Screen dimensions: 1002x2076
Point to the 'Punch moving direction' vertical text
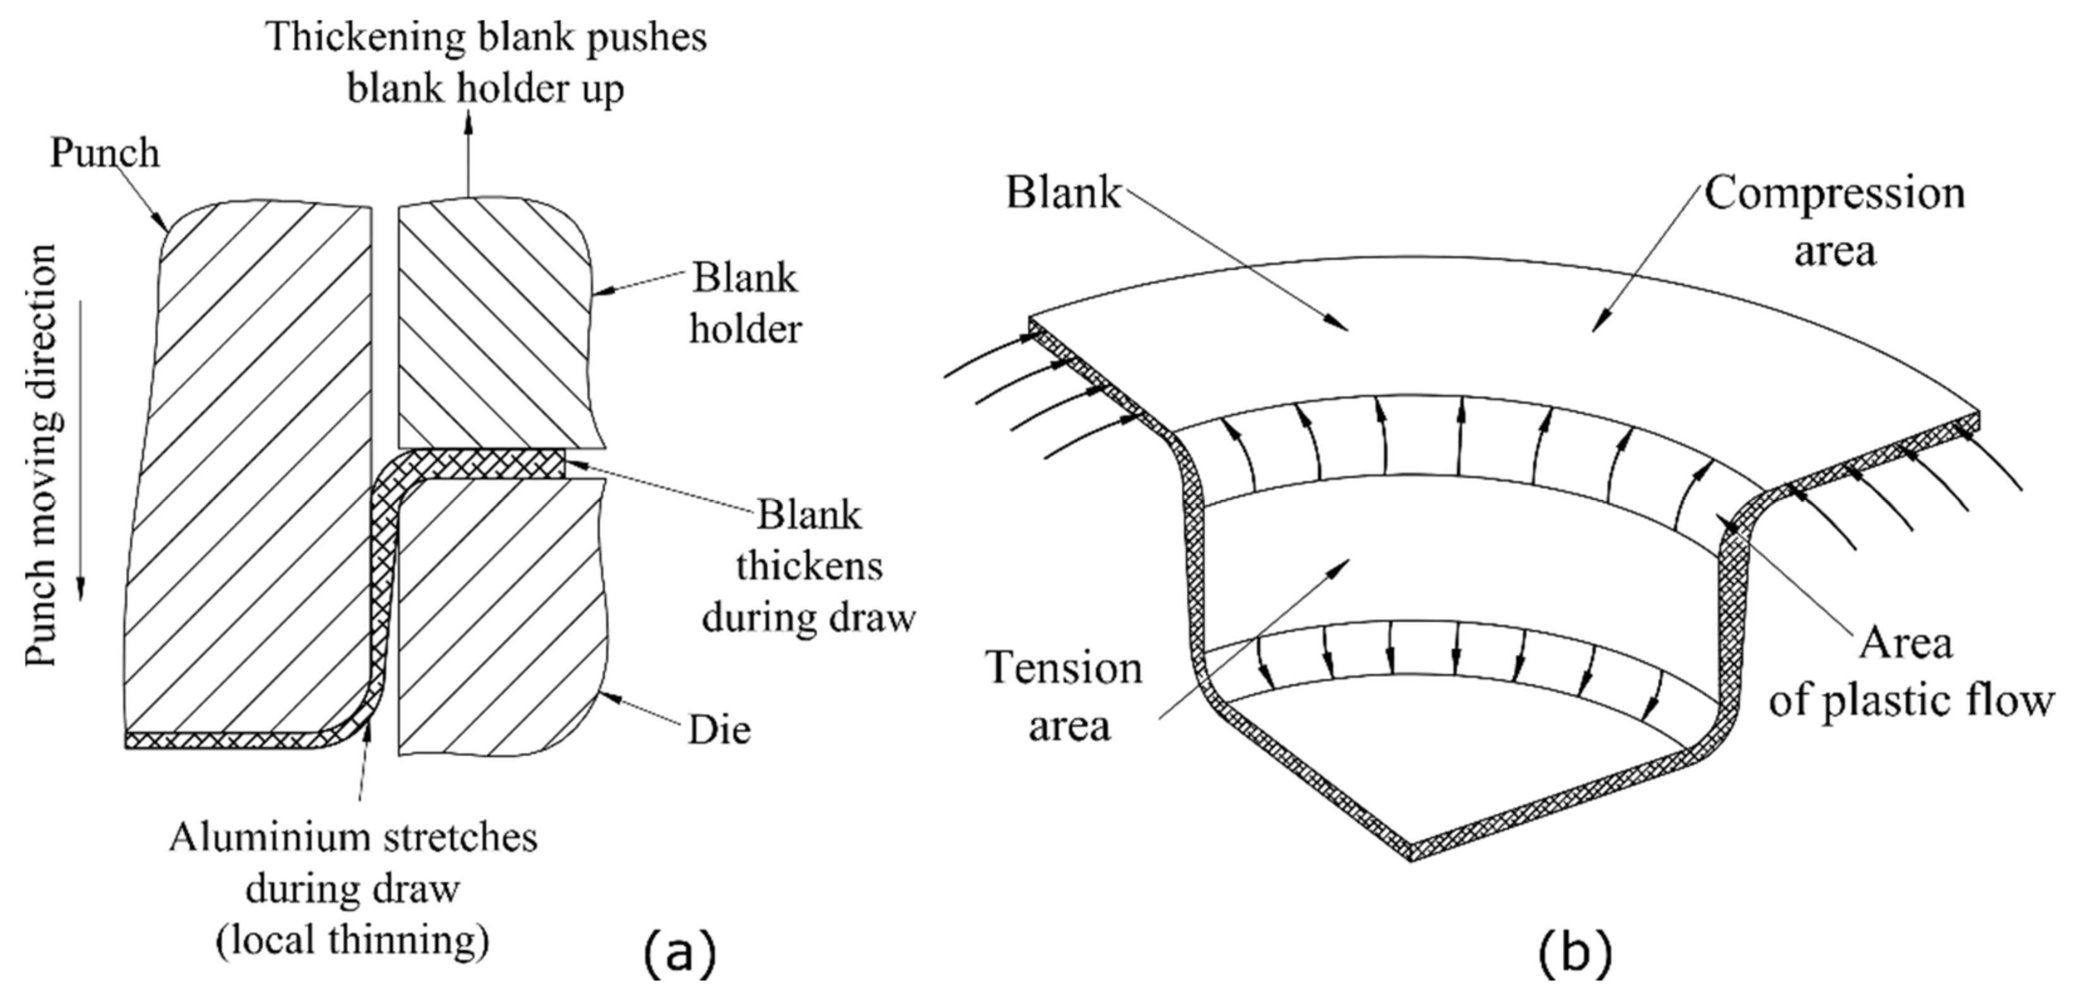tap(42, 455)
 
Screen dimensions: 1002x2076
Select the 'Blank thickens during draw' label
tap(808, 566)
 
